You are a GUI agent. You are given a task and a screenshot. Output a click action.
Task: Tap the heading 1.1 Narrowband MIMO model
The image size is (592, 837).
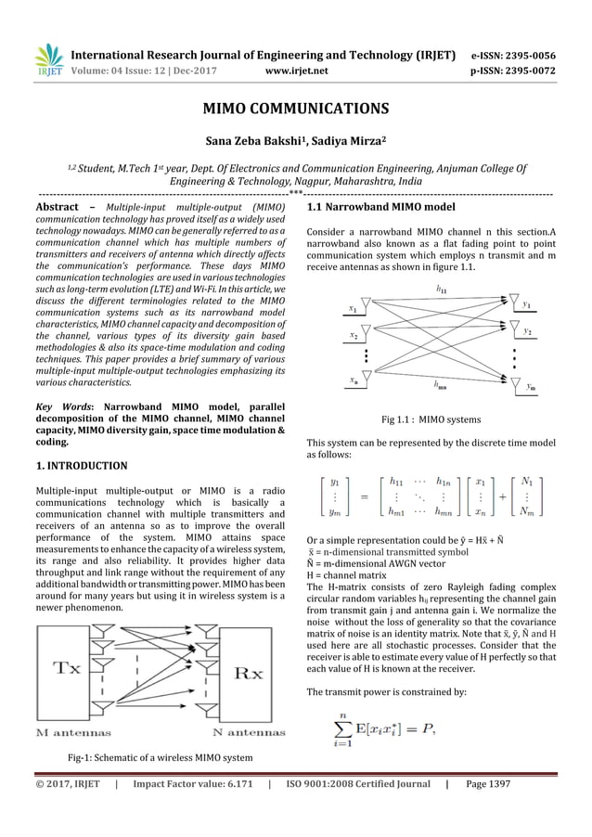(x=380, y=207)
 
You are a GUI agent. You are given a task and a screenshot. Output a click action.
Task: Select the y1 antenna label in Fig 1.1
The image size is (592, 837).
(x=525, y=303)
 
